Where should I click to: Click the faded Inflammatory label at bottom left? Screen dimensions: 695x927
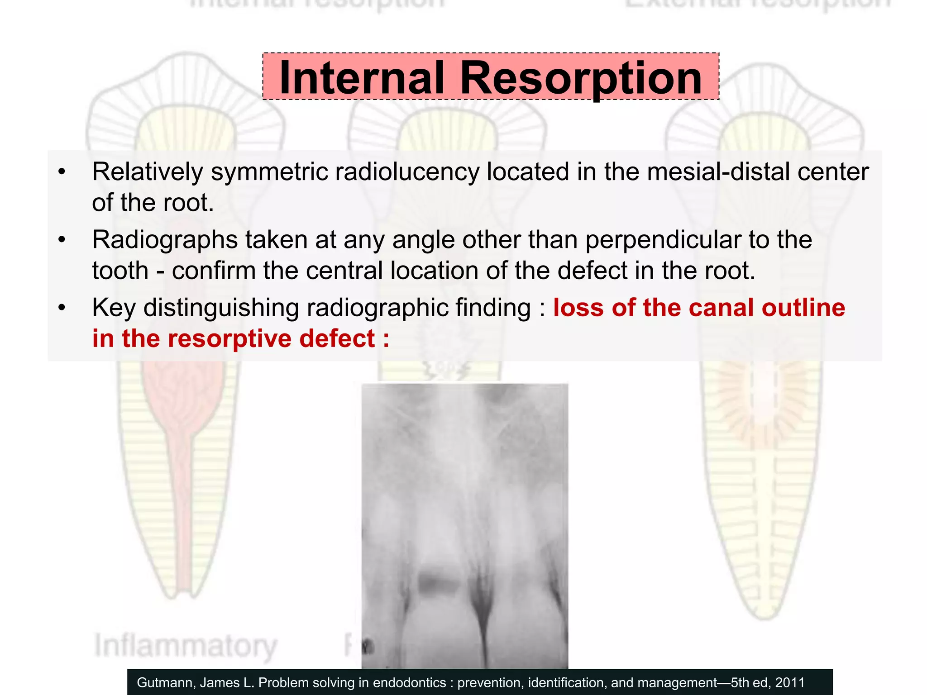(x=186, y=646)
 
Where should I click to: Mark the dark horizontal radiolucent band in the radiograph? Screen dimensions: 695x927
(x=438, y=585)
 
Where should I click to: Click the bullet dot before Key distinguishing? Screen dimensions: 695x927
(x=62, y=308)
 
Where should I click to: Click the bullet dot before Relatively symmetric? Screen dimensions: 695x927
(x=62, y=172)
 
